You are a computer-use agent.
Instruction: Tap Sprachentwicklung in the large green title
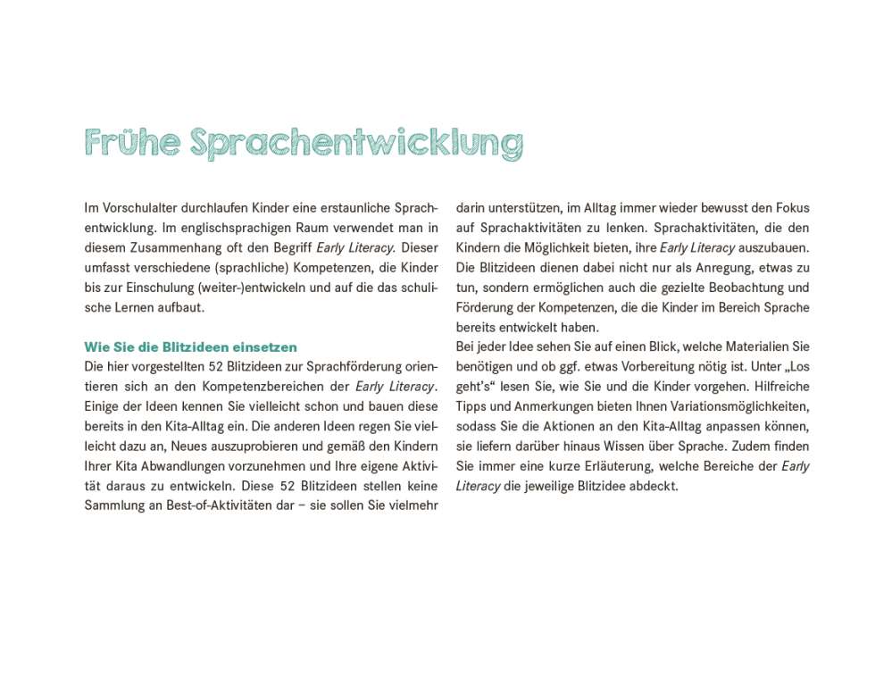(356, 143)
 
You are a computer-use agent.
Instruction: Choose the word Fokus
(791, 208)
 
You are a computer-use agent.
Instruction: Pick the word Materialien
(751, 346)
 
